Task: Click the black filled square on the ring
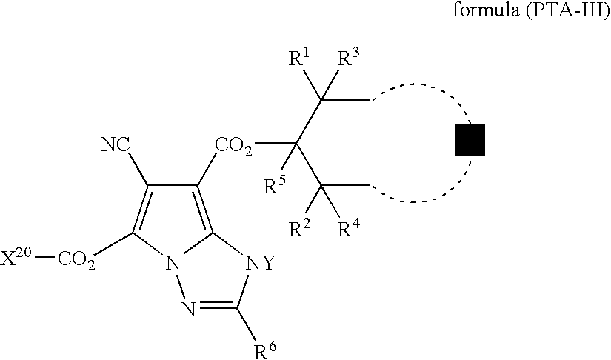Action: click(470, 141)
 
